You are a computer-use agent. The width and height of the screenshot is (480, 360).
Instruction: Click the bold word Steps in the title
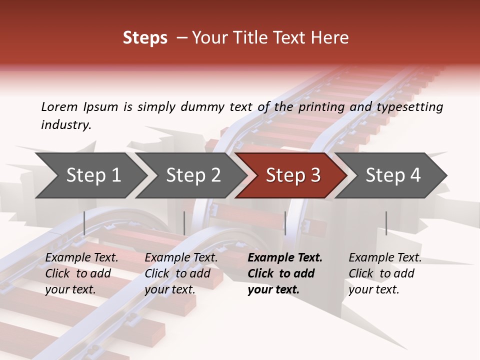coord(145,38)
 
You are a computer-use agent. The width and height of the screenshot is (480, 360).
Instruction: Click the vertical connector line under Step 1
coord(84,223)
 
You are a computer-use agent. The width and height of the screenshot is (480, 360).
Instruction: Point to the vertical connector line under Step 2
coord(184,223)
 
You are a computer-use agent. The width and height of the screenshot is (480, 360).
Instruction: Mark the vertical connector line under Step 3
coord(285,223)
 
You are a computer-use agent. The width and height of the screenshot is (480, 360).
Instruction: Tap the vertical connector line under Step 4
coord(386,223)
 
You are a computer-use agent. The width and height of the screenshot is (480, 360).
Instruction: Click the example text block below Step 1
coord(81,273)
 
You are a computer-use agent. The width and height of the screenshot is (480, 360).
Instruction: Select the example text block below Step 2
coord(181,273)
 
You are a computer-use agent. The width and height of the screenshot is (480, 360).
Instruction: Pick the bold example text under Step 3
coord(285,273)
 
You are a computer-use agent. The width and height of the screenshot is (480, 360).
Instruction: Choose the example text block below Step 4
coord(385,273)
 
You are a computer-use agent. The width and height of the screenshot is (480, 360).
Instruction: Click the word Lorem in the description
coord(59,106)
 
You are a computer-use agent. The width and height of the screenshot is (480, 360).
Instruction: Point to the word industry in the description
coord(65,124)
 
